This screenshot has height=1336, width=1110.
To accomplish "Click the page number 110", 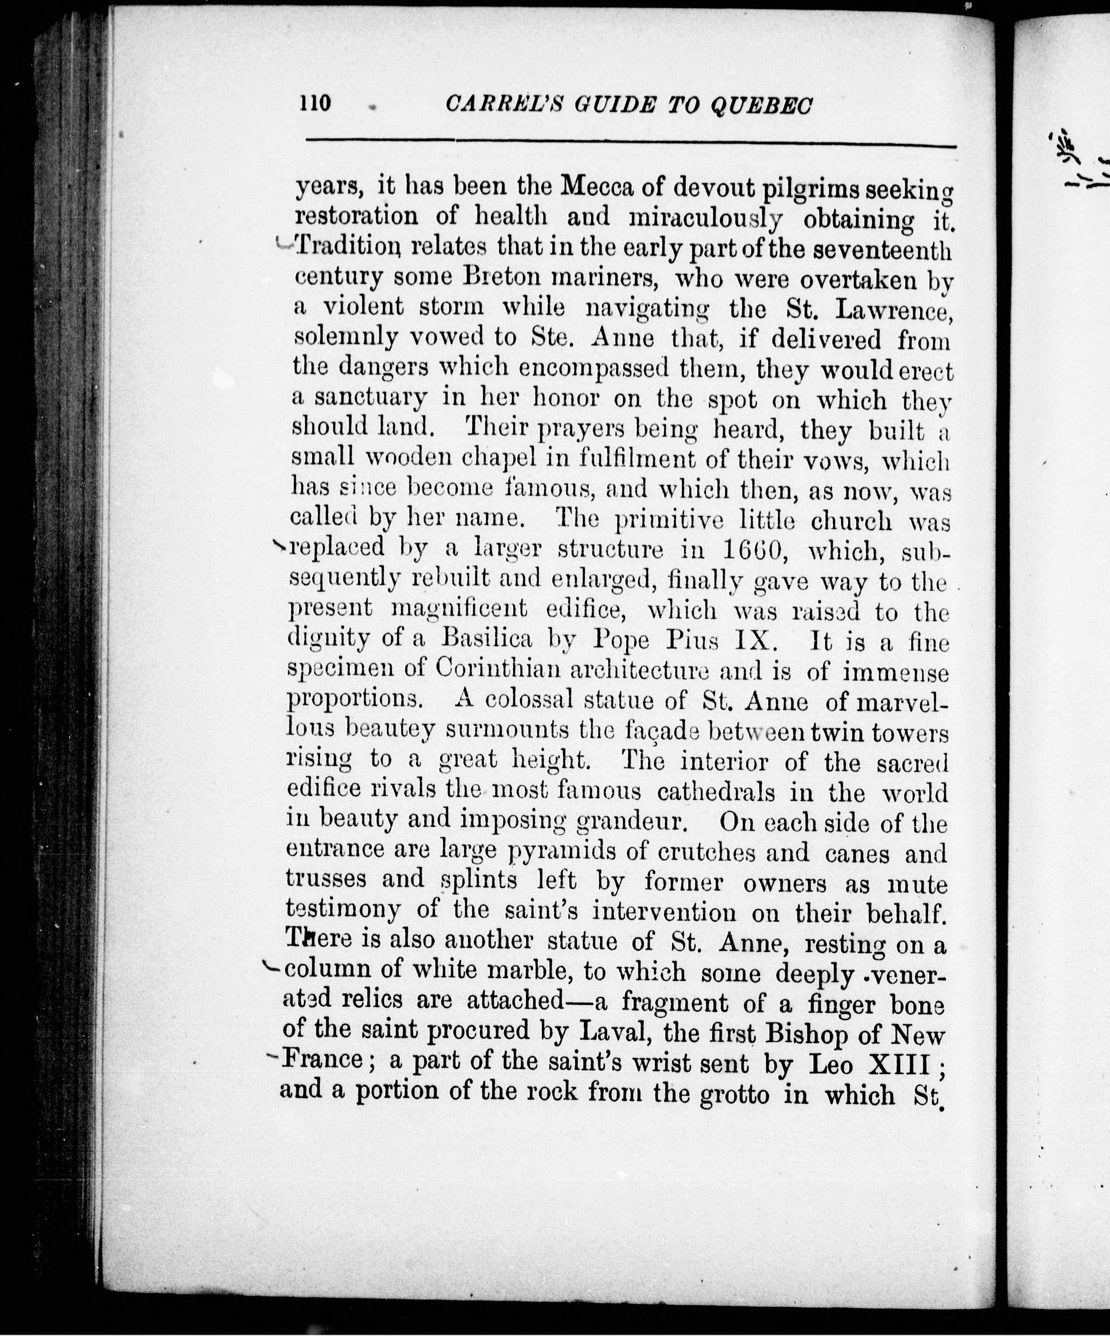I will tap(316, 102).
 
